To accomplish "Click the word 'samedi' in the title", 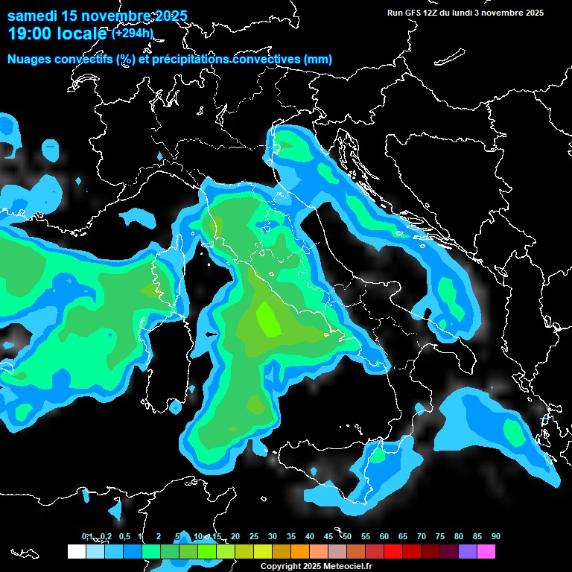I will [31, 16].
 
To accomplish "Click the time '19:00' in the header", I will [29, 34].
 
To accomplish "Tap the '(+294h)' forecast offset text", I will [133, 33].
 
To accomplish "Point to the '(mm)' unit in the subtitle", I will [317, 60].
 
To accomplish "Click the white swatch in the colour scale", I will [76, 551].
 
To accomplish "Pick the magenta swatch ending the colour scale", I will [486, 551].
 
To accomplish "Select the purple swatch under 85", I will [467, 551].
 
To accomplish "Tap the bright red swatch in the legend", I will [393, 551].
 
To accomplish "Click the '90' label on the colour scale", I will [495, 536].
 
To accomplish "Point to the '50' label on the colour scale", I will [346, 536].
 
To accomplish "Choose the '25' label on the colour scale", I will [253, 536].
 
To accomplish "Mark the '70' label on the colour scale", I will [421, 536].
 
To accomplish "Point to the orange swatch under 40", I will [299, 551].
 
